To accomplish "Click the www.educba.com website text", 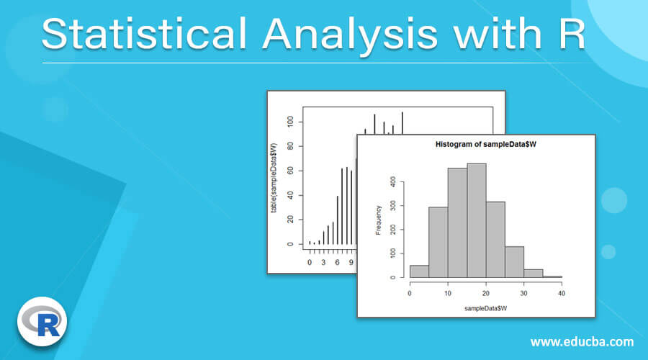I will (582, 341).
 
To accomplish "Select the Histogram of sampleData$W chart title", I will (486, 144).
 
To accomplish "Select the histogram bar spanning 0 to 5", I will (419, 271).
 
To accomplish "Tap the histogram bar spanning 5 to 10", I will (438, 242).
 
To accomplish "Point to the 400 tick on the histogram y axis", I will (392, 182).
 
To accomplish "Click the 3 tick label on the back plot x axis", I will (323, 262).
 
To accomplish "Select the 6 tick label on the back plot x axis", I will (337, 262).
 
